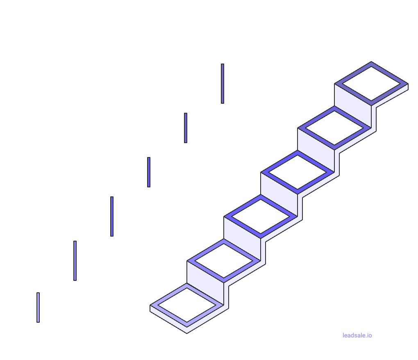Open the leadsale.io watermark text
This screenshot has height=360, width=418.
[357, 335]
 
